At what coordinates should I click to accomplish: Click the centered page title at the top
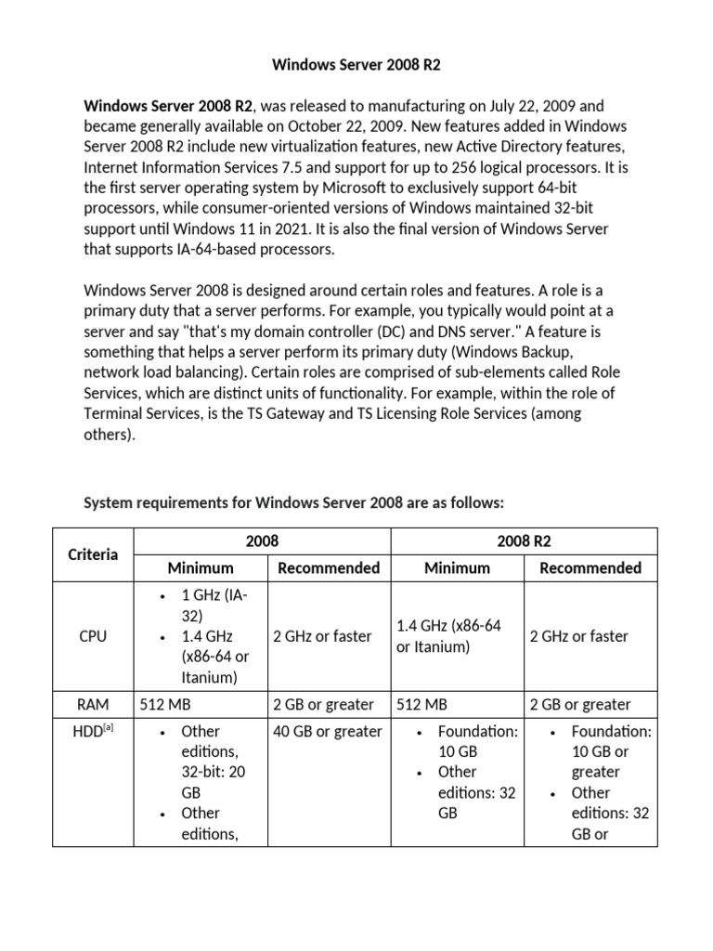356,66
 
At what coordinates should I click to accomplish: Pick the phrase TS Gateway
292,413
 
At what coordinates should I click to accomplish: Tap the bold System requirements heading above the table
293,502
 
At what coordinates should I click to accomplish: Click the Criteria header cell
93,554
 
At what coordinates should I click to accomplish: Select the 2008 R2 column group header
525,541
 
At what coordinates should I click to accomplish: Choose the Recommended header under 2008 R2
590,567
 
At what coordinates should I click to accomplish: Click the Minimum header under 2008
201,567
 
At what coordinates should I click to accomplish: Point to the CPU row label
93,636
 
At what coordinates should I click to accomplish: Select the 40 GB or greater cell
328,732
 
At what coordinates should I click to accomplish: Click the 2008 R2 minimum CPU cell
448,636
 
